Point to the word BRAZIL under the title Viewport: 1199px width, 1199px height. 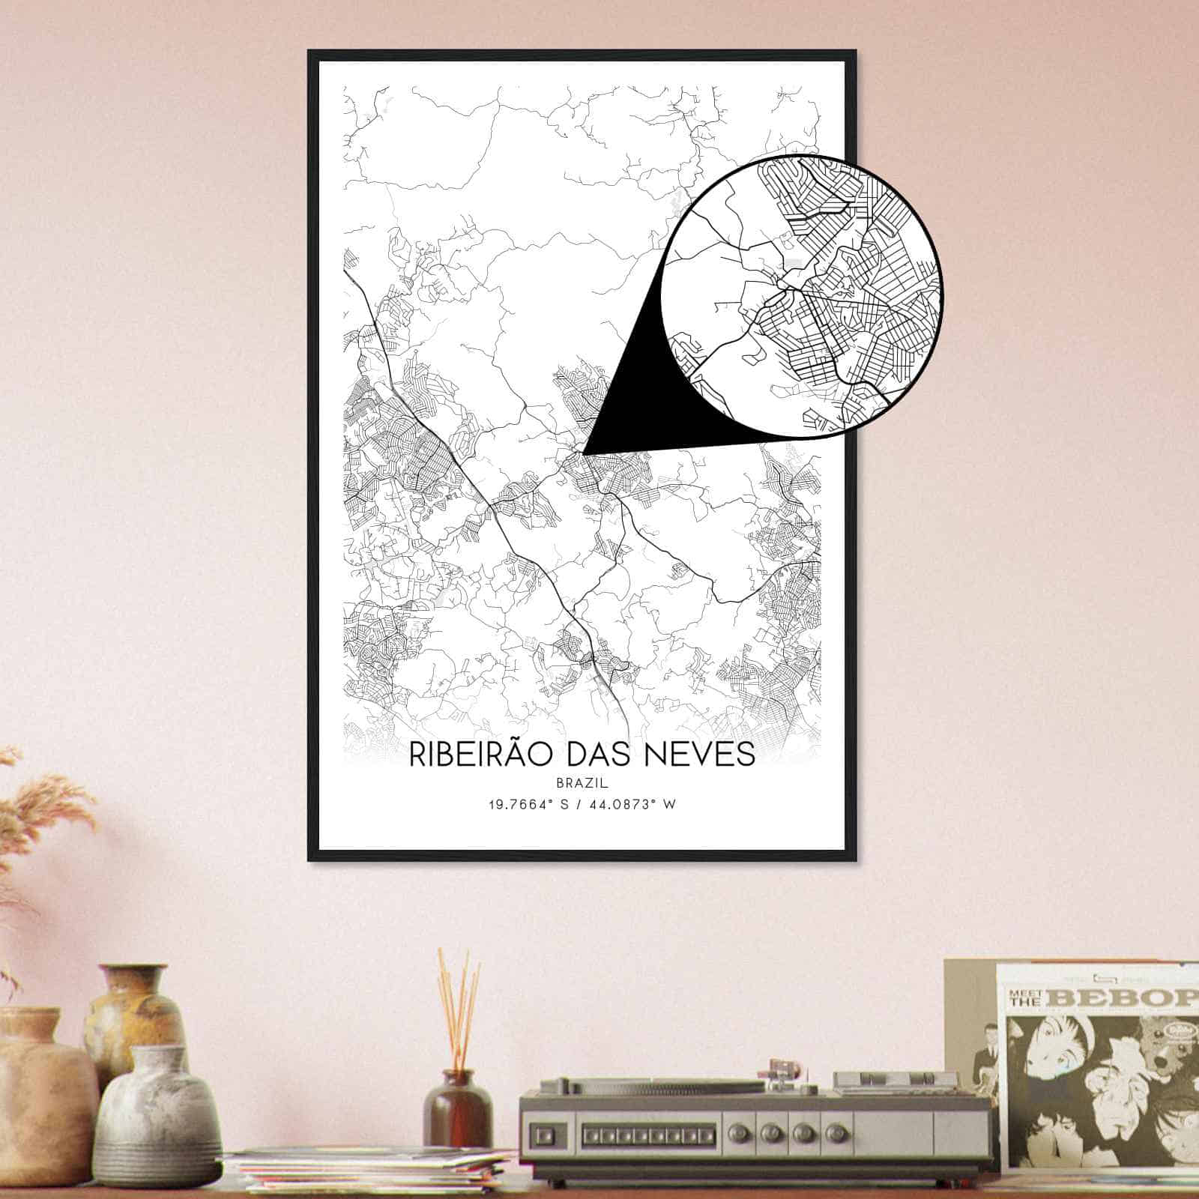click(582, 782)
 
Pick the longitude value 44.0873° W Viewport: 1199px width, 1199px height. click(636, 804)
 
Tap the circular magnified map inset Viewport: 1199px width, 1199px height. click(802, 296)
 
